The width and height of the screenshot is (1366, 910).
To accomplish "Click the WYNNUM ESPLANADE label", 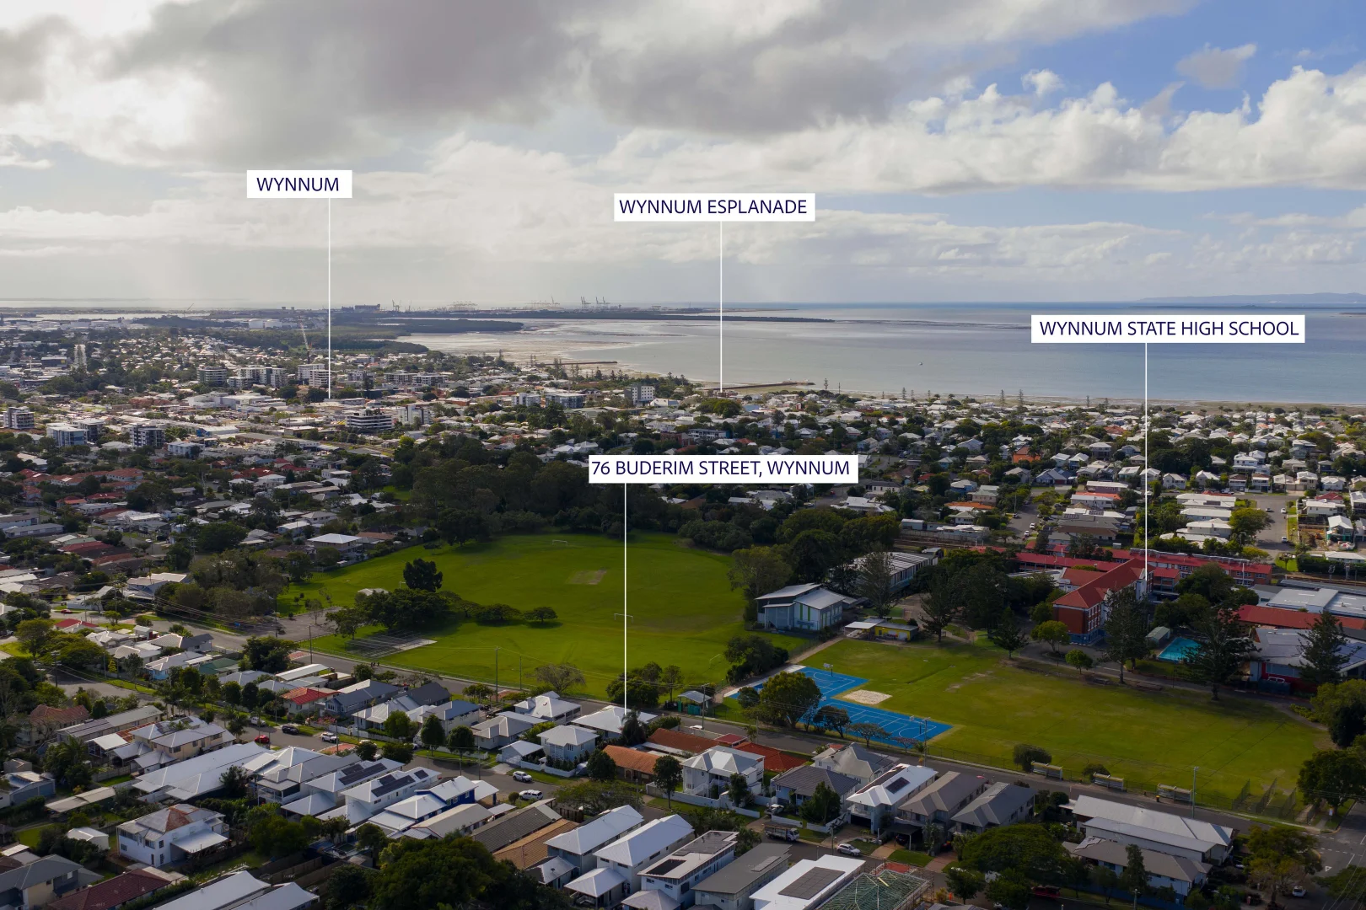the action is coord(713,207).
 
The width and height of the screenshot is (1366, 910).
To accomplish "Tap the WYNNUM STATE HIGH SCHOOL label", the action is coord(1168,329).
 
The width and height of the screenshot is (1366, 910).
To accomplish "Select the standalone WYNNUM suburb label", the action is coord(298,184).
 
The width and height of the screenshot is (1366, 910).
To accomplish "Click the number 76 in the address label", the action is coord(601,468).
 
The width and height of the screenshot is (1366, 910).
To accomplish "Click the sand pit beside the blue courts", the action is coord(867,696).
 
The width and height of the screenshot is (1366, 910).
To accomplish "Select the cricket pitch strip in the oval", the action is coord(587,576).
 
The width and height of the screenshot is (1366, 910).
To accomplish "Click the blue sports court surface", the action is coord(853,707).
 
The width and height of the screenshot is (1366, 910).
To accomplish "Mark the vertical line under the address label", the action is coord(625,597).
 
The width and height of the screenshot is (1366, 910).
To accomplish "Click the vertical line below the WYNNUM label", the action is coord(330,298).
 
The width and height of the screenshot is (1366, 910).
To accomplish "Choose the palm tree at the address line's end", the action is coord(632,726).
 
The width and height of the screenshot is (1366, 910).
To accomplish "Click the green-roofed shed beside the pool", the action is coord(1158,634).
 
